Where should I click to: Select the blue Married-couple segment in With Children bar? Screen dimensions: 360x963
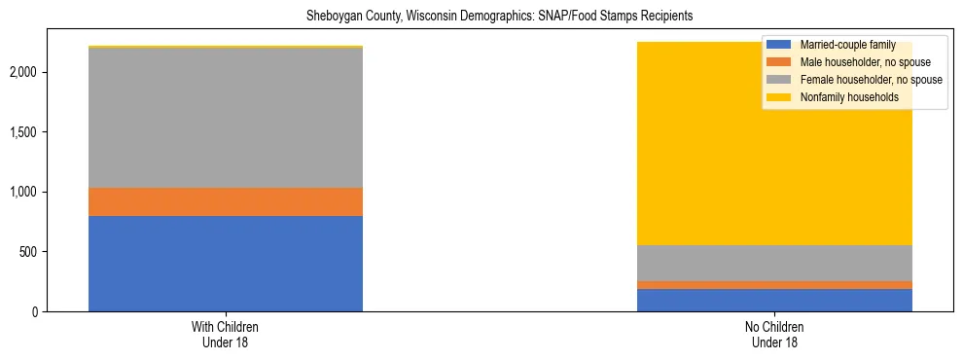point(225,263)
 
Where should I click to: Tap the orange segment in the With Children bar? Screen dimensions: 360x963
point(225,201)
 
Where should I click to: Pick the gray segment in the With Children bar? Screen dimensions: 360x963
point(225,117)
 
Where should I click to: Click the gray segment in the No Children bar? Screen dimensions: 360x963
point(774,263)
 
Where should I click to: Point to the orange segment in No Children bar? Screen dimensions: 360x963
point(774,285)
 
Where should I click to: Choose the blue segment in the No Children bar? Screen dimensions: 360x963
point(774,300)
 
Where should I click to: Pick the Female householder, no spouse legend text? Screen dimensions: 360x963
point(871,80)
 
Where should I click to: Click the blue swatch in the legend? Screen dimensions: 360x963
point(778,45)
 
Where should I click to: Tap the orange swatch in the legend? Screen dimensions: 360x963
point(778,62)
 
